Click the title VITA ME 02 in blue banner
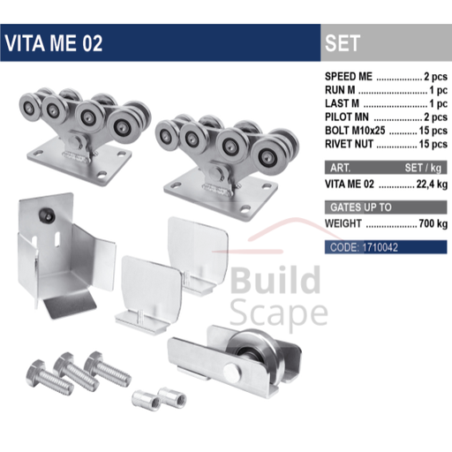(x=53, y=43)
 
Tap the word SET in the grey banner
(x=343, y=43)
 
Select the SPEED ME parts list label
(x=349, y=77)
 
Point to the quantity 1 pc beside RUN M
(x=438, y=90)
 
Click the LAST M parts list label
(x=342, y=103)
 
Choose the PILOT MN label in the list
(x=347, y=117)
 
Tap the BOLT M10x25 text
(x=355, y=131)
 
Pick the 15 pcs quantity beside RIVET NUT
(x=433, y=144)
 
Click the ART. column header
(x=340, y=168)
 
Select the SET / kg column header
(x=423, y=168)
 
